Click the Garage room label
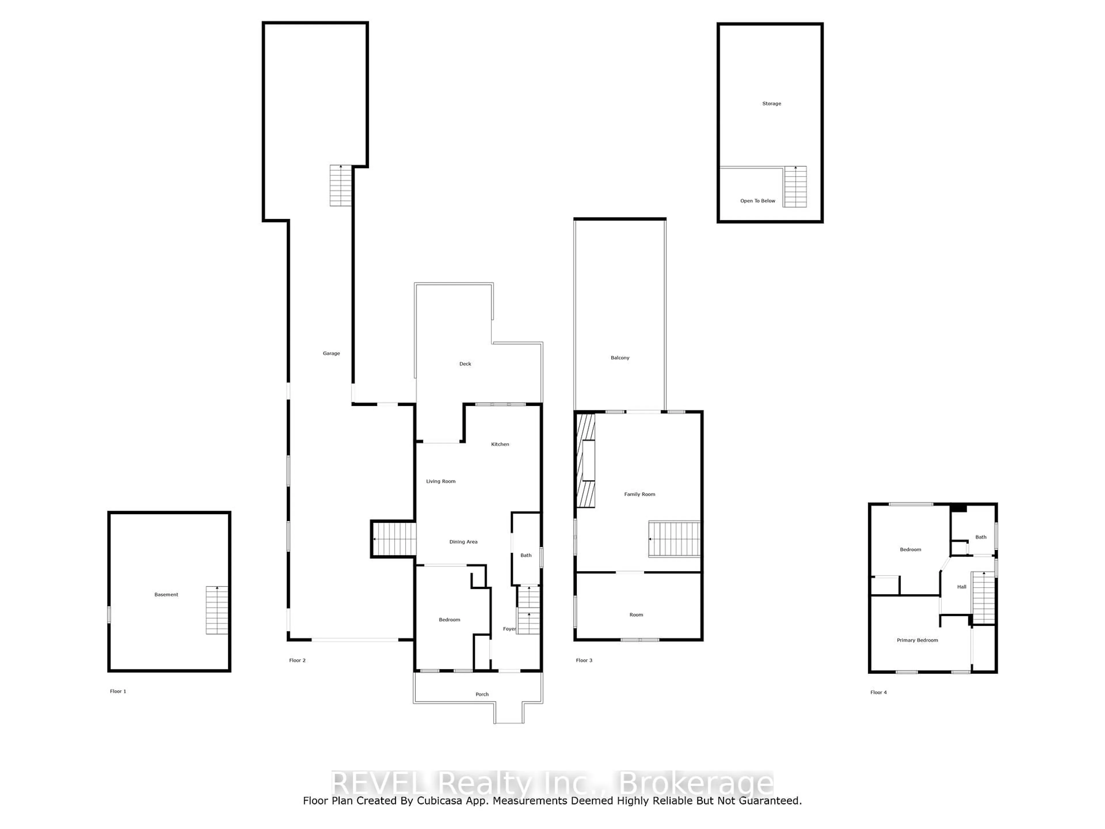(x=331, y=353)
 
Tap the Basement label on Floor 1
(x=166, y=595)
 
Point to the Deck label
(x=465, y=364)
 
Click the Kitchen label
(x=500, y=444)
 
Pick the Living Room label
(x=441, y=481)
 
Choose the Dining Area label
(x=463, y=542)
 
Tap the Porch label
(x=482, y=694)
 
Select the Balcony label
(x=620, y=358)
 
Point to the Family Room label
(x=639, y=494)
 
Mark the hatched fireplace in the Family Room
(x=586, y=461)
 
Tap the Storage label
(x=771, y=103)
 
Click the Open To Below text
(x=757, y=201)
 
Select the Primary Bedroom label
(x=917, y=640)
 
